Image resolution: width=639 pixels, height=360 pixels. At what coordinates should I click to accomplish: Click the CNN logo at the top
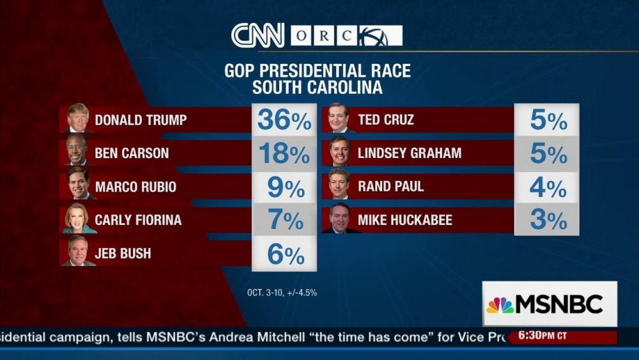coord(258,35)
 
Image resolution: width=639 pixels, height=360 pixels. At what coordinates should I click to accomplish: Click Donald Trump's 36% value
coord(284,120)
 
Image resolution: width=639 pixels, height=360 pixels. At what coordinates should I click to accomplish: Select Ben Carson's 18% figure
coord(284,153)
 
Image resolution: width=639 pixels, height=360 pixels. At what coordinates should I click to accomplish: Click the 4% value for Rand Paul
coord(548,187)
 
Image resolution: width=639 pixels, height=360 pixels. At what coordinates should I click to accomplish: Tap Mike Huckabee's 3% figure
coord(548,221)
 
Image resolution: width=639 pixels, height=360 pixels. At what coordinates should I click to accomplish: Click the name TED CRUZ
coord(386,120)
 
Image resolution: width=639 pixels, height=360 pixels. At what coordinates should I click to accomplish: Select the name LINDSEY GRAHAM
coord(410,153)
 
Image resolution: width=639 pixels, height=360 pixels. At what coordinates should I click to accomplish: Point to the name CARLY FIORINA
coord(138,221)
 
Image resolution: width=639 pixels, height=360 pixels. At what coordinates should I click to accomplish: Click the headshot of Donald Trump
coord(78,118)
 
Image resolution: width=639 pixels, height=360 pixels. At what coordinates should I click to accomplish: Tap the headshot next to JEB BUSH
coord(78,253)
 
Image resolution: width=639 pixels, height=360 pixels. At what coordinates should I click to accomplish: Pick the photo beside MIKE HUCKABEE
coord(339,219)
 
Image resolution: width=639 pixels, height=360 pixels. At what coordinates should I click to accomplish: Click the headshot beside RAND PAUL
coord(339,185)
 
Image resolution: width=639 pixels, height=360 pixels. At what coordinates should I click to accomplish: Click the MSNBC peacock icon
coord(500,305)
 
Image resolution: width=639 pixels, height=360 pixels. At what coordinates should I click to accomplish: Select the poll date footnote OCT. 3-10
coord(282,293)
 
